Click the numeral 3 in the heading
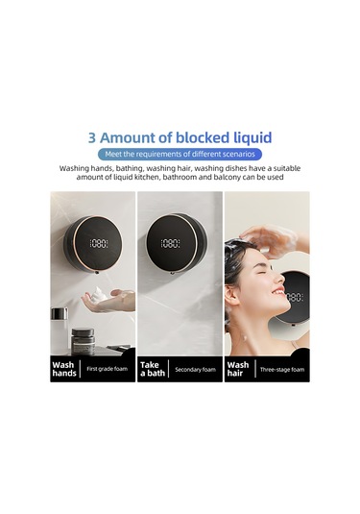92,136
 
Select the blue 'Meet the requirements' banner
180,154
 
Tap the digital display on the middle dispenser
171,243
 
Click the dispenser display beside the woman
297,299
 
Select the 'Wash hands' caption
64,369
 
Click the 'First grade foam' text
106,369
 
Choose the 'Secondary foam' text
196,369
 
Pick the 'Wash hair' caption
238,369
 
